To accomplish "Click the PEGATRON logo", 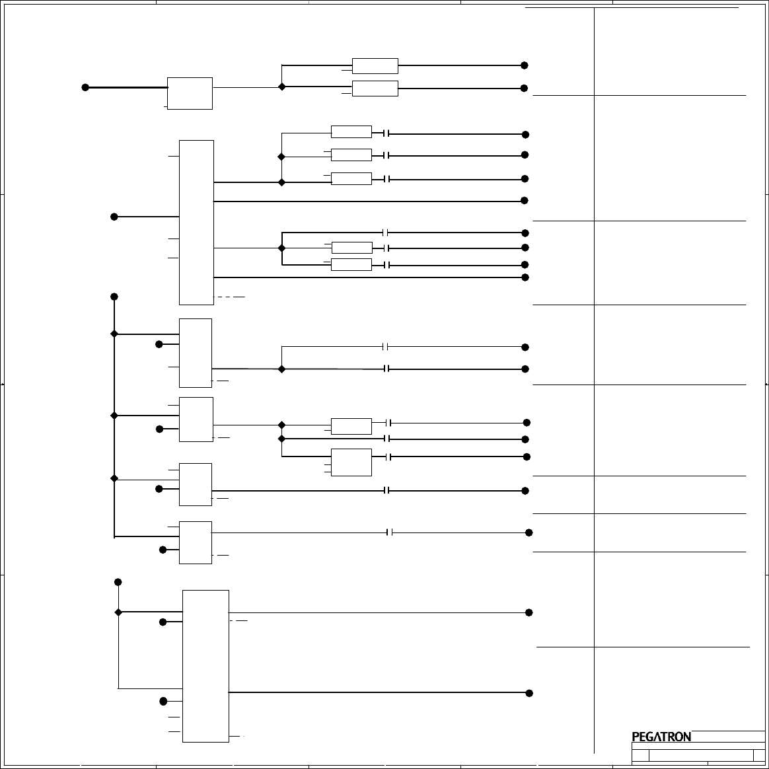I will pyautogui.click(x=661, y=737).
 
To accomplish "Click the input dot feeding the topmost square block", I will pyautogui.click(x=85, y=87).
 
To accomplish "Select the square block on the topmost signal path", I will pyautogui.click(x=190, y=93).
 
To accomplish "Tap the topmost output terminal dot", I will pyautogui.click(x=525, y=65).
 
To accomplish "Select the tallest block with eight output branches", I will pyautogui.click(x=196, y=222).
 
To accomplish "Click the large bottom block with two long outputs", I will pyautogui.click(x=205, y=666).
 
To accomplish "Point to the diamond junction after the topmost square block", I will pyautogui.click(x=282, y=87).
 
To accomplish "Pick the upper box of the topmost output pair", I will pyautogui.click(x=375, y=66).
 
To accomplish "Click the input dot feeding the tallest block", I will pyautogui.click(x=114, y=217).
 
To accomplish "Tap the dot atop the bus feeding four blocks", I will pyautogui.click(x=114, y=297).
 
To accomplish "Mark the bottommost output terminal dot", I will pyautogui.click(x=529, y=693).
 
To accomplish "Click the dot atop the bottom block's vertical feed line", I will pyautogui.click(x=118, y=582).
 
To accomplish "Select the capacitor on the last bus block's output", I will pyautogui.click(x=390, y=532).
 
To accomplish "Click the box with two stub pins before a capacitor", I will pyautogui.click(x=351, y=462).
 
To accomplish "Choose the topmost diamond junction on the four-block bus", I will pyautogui.click(x=114, y=334).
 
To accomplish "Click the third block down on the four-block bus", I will pyautogui.click(x=196, y=484).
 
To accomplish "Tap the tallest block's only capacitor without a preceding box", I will pyautogui.click(x=387, y=233).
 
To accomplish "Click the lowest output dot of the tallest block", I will pyautogui.click(x=525, y=277).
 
